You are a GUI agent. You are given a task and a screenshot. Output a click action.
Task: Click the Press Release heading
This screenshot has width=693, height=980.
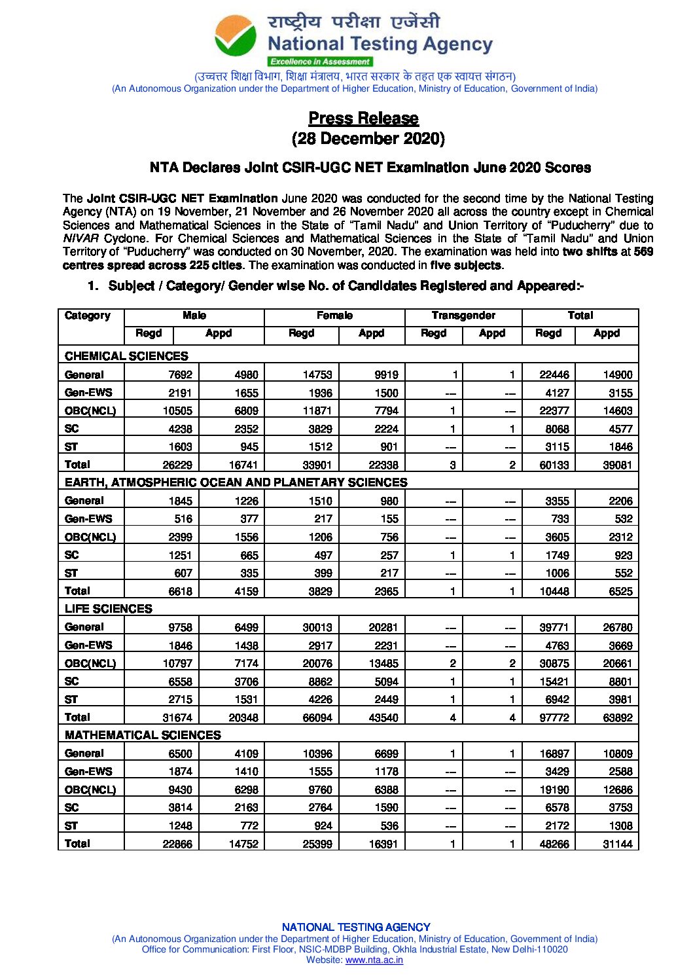(x=363, y=118)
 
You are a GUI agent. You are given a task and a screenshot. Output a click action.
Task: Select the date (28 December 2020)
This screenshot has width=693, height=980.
(x=368, y=139)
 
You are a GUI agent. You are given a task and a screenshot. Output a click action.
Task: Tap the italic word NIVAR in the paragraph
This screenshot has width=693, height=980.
(x=80, y=238)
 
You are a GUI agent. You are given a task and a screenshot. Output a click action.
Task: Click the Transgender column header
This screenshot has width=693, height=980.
(x=463, y=316)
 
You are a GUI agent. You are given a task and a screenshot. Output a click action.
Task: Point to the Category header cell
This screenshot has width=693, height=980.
(x=88, y=316)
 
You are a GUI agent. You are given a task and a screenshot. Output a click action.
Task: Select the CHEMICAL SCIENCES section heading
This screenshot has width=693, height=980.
(x=126, y=356)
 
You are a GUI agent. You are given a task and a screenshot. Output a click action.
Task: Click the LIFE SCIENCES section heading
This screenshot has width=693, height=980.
(x=109, y=609)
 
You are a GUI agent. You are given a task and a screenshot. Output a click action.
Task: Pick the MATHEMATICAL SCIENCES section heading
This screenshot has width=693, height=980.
(x=143, y=735)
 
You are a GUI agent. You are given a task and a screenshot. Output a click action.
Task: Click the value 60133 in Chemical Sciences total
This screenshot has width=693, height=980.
(x=554, y=465)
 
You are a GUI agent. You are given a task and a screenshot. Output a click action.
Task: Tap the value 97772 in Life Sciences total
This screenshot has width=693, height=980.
(x=554, y=717)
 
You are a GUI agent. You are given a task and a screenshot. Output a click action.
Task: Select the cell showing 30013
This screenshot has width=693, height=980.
(x=317, y=627)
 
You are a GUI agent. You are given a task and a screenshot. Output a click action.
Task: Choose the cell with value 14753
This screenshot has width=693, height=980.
(x=317, y=374)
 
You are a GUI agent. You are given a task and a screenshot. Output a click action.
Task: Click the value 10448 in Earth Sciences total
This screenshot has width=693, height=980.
(x=554, y=591)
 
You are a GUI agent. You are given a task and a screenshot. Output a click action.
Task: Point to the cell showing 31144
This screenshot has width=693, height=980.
(x=617, y=844)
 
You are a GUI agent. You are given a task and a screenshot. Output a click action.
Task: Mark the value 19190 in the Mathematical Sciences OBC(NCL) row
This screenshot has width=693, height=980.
(x=554, y=789)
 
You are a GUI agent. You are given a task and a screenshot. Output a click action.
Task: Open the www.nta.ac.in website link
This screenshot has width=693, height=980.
(x=374, y=960)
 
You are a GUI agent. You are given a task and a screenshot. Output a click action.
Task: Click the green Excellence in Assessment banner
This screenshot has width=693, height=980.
(x=320, y=62)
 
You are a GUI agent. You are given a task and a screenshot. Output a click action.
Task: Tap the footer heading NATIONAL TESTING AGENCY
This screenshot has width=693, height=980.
(x=356, y=927)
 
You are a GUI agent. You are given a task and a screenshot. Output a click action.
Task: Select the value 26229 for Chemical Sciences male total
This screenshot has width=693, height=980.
(x=177, y=465)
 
